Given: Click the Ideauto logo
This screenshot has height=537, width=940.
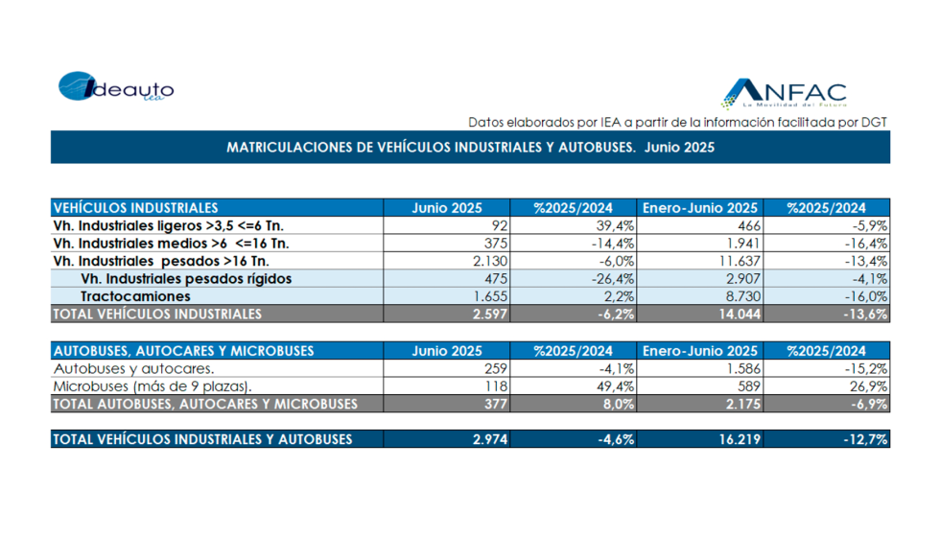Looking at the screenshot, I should click(x=116, y=86).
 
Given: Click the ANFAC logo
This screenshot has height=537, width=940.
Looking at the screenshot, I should click(x=784, y=93).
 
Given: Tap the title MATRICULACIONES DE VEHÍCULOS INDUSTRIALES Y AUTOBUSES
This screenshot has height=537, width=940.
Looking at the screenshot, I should click(x=470, y=148).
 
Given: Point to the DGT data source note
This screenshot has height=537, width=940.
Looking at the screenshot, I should click(x=678, y=122).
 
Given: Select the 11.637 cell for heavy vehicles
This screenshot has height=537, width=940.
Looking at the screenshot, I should click(x=735, y=261).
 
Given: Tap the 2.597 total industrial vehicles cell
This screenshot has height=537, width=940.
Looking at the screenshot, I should click(x=489, y=314).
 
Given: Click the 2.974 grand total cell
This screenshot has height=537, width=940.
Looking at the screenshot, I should click(x=489, y=439).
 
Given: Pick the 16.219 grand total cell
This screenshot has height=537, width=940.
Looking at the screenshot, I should click(x=735, y=439).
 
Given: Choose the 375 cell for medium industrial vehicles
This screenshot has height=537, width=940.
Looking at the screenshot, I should click(x=494, y=244).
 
